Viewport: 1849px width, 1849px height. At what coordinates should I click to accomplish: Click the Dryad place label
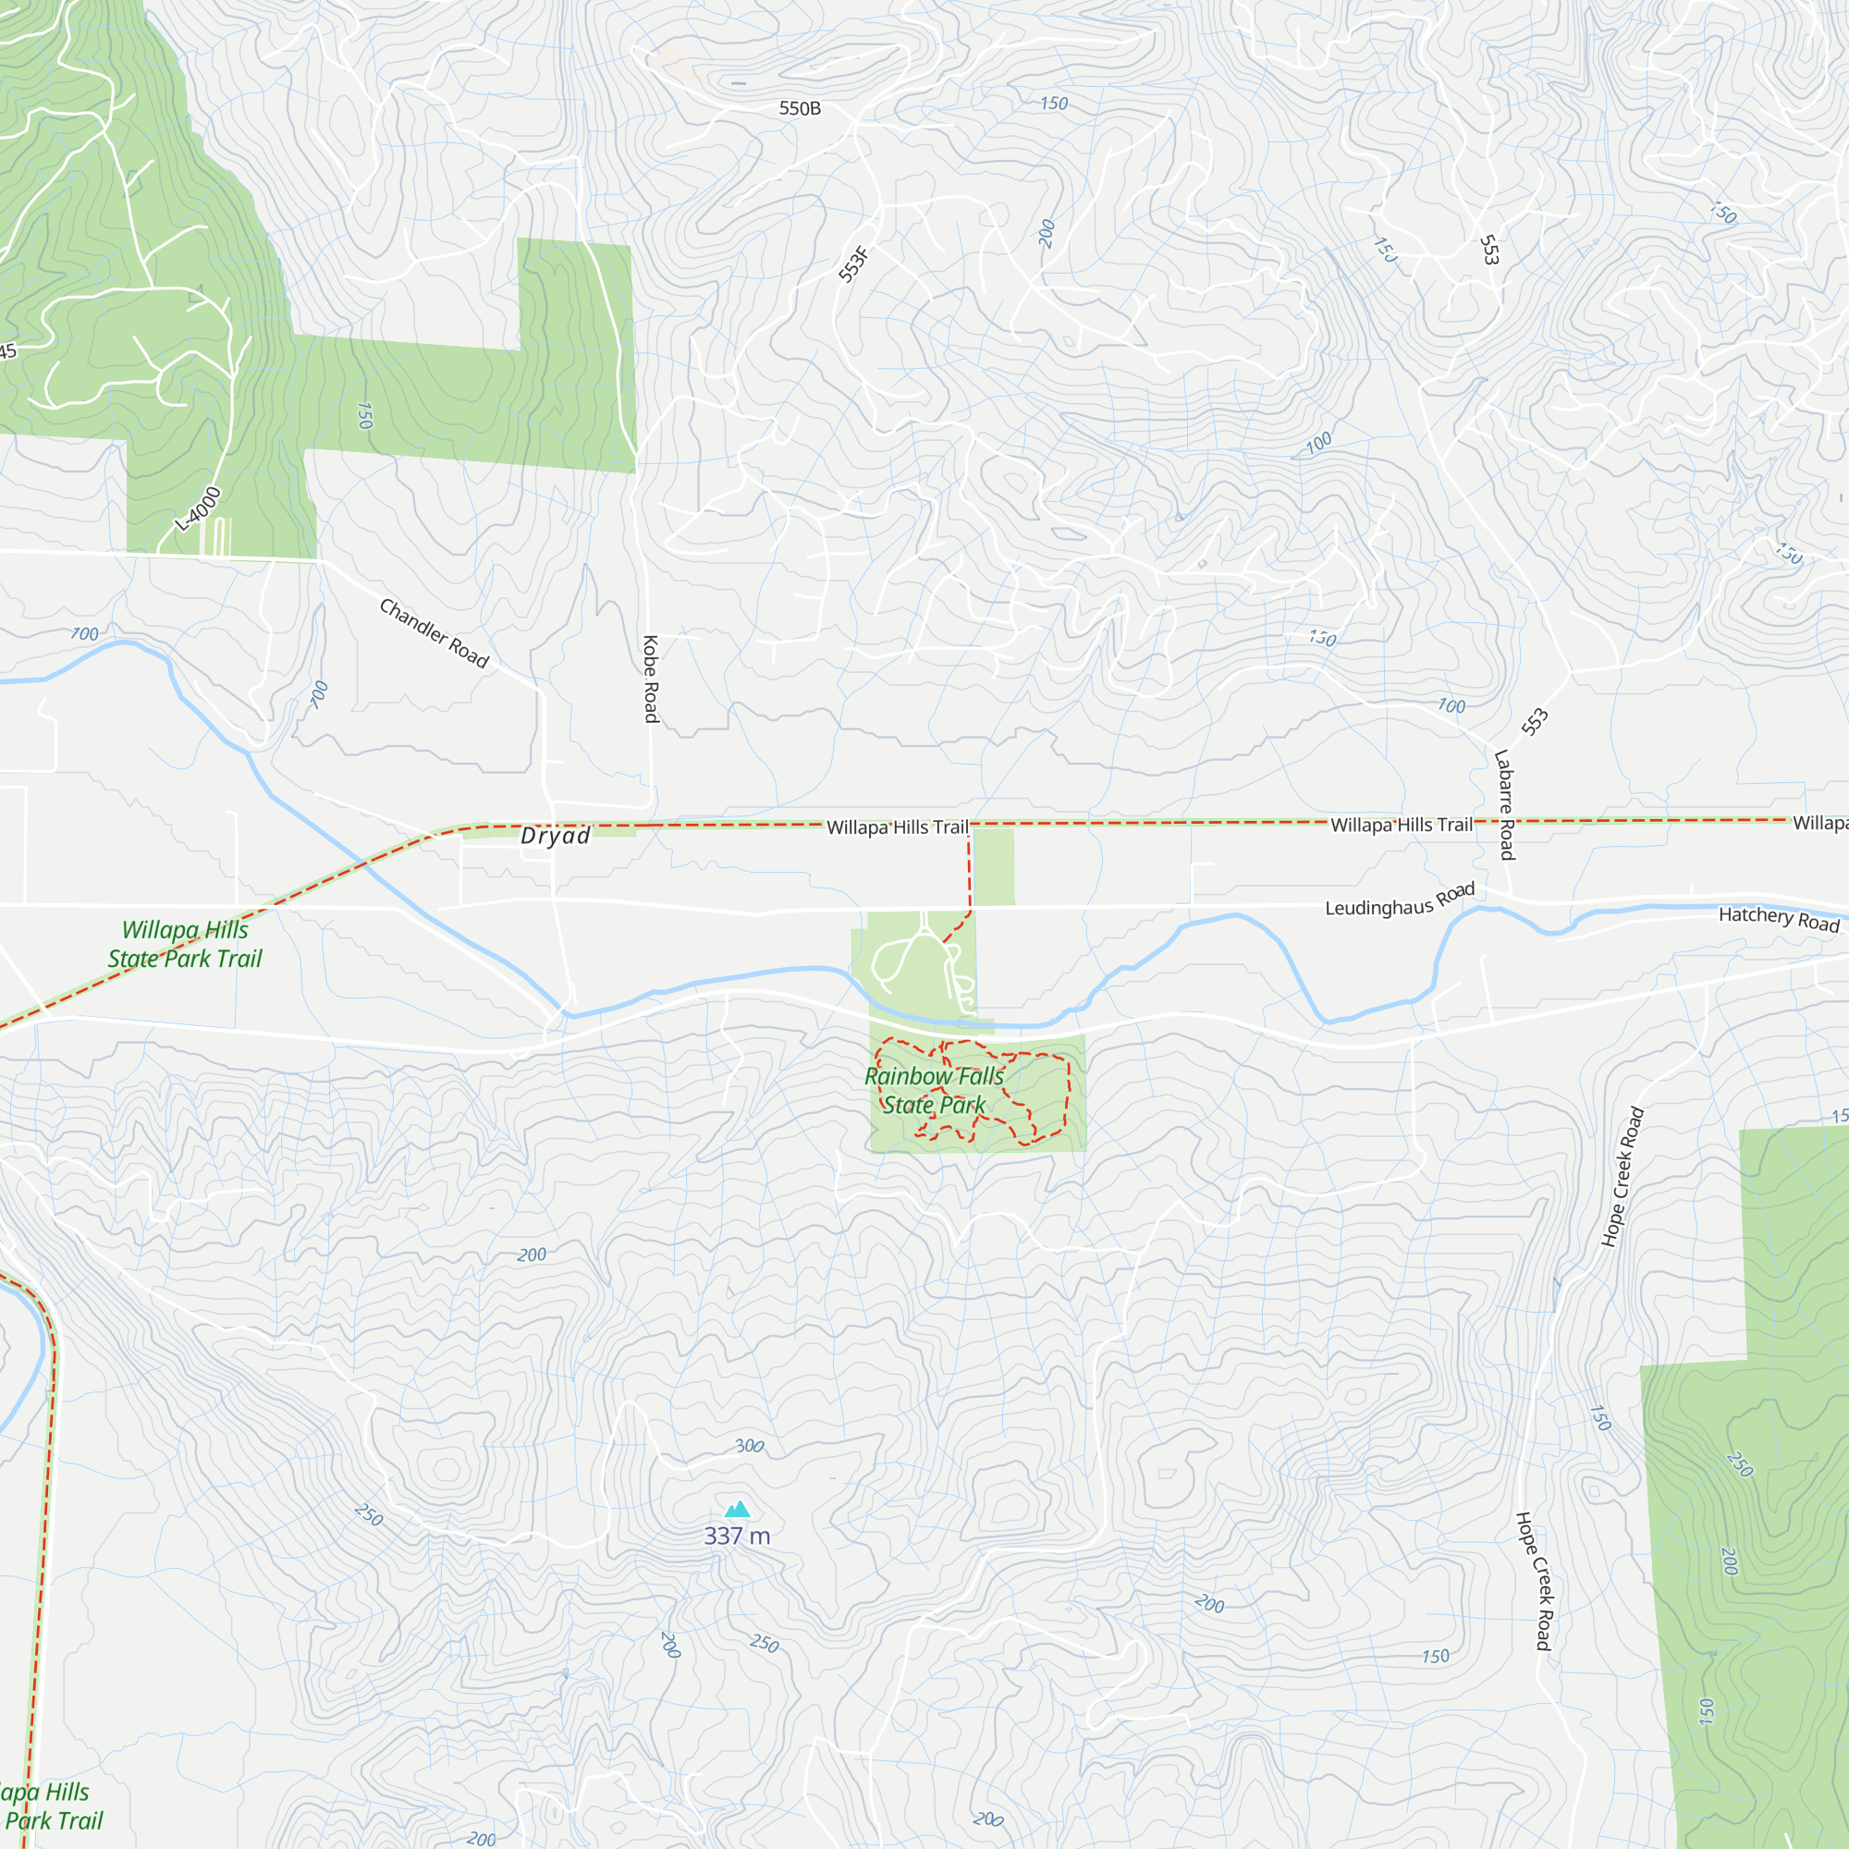point(555,836)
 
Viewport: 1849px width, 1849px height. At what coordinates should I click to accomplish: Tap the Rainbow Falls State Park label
point(934,1090)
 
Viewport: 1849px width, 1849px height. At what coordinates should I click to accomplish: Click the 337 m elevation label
point(737,1535)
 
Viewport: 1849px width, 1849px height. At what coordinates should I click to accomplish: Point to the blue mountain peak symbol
point(737,1510)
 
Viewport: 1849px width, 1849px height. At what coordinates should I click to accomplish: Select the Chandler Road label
point(435,632)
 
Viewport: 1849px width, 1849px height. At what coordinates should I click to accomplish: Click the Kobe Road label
point(651,679)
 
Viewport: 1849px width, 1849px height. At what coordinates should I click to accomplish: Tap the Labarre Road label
point(1504,804)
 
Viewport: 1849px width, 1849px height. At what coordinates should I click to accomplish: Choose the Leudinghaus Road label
point(1399,900)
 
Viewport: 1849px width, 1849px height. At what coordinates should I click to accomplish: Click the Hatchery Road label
point(1778,919)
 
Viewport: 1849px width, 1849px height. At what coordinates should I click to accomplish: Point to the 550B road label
point(800,108)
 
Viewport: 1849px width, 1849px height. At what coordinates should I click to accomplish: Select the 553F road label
point(853,263)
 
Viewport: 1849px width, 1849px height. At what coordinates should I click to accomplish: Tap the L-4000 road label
point(199,508)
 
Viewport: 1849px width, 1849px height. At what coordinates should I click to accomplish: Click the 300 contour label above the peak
point(750,1445)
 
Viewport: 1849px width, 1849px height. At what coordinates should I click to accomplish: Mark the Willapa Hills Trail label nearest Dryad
point(898,827)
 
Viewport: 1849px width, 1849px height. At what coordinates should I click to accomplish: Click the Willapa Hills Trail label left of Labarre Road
point(1402,825)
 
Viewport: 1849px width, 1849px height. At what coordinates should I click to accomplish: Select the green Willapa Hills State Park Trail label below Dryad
point(185,944)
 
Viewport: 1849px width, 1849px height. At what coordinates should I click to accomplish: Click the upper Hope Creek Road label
point(1622,1176)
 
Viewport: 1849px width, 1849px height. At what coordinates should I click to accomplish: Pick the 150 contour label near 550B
point(1054,104)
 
